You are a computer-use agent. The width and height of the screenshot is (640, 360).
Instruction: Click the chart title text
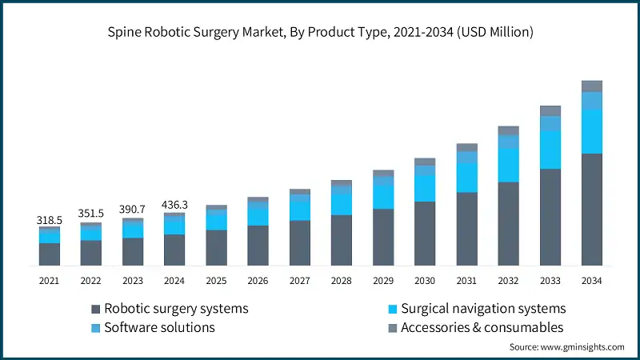point(320,32)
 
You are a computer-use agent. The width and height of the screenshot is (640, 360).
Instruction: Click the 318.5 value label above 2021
point(49,218)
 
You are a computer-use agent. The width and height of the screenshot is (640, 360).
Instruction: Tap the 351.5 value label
point(90,213)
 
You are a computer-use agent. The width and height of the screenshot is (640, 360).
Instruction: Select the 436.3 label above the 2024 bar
point(174,203)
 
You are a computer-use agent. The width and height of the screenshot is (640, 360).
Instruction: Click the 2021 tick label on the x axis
point(49,281)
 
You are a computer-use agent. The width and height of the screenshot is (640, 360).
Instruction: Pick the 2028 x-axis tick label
point(342,281)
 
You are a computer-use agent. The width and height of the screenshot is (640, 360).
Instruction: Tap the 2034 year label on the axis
point(591,281)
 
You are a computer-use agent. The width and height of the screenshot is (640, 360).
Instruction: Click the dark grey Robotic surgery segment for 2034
point(591,210)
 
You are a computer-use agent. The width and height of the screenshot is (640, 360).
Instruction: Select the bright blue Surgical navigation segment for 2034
point(591,131)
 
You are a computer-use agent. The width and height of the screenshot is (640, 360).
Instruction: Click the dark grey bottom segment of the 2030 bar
point(425,234)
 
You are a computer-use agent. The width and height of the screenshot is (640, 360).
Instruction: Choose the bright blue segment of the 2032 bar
point(508,165)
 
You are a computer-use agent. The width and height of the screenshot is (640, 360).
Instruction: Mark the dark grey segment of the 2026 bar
point(258,246)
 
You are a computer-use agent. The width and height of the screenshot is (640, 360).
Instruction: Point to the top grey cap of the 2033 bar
point(550,110)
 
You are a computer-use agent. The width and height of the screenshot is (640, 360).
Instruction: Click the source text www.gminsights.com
point(566,346)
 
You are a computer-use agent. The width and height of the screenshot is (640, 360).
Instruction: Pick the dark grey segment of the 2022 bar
point(90,253)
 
